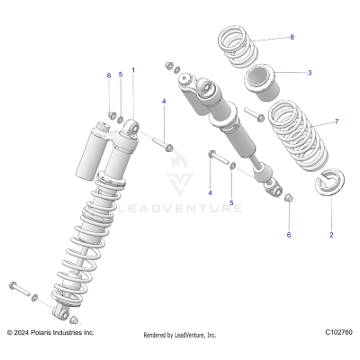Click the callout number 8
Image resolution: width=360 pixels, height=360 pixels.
pyautogui.click(x=292, y=37)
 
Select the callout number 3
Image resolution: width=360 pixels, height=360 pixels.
pyautogui.click(x=310, y=72)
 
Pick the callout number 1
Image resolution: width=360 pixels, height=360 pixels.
pyautogui.click(x=133, y=69)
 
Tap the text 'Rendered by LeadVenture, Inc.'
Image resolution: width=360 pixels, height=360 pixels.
pyautogui.click(x=180, y=335)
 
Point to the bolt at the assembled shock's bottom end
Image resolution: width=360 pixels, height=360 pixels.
pyautogui.click(x=20, y=291)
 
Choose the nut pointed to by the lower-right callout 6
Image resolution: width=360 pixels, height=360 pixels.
pyautogui.click(x=288, y=200)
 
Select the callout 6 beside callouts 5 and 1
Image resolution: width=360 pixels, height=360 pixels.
pyautogui.click(x=109, y=76)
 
